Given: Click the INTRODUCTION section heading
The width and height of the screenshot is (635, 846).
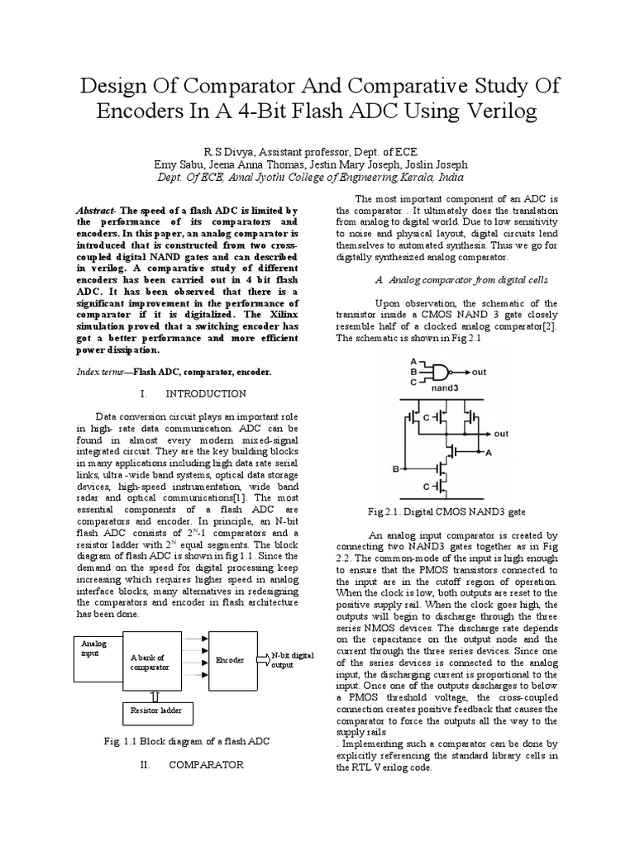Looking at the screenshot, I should tap(206, 393).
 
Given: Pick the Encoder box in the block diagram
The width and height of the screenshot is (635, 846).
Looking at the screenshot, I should tap(232, 660).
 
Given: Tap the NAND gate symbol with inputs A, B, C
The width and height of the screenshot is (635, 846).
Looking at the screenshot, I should tap(437, 371).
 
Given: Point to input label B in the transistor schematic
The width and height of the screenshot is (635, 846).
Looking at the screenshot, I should tap(395, 468).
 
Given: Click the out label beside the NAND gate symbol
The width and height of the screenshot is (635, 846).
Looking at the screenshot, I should tap(480, 372).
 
